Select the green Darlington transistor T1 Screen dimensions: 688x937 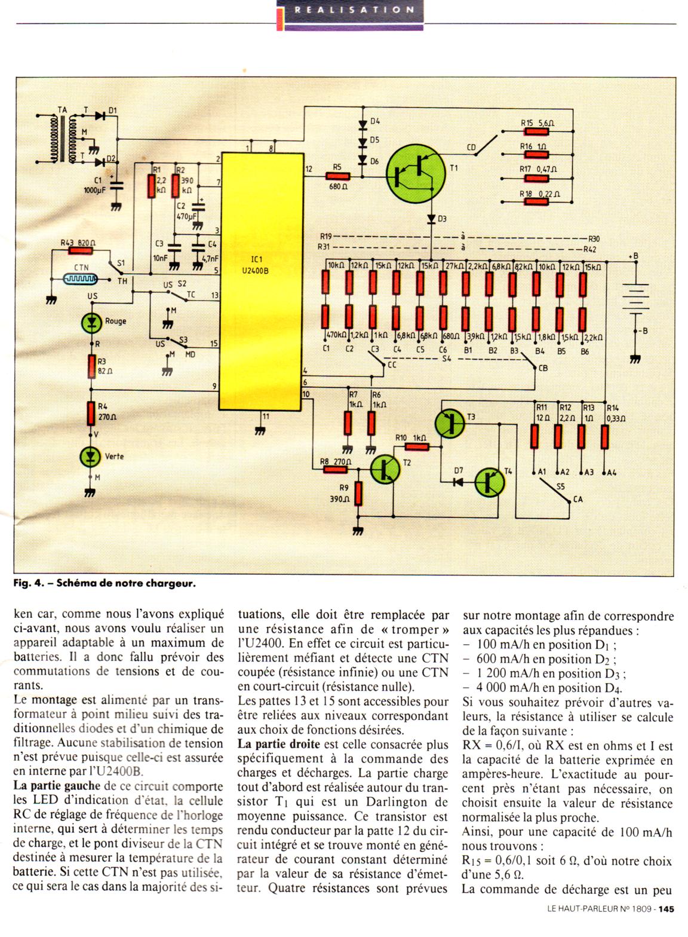coord(416,173)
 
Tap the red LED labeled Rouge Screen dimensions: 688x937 coord(91,322)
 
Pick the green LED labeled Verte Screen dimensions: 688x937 coord(90,457)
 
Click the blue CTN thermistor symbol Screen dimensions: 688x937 coord(81,278)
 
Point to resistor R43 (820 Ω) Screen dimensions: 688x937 coord(80,250)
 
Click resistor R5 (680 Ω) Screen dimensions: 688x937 coord(338,176)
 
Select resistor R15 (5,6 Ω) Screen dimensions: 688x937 coord(536,131)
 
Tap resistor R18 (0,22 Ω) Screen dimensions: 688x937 coord(536,202)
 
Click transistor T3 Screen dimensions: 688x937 coord(450,423)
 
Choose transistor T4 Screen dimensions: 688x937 coord(490,482)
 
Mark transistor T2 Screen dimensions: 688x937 coord(385,469)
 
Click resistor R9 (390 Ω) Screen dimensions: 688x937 coord(358,494)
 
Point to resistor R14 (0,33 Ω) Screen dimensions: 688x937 coord(604,436)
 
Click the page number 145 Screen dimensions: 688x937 coord(666,921)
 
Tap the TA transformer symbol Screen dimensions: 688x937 coord(63,139)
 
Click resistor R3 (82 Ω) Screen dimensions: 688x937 coord(91,367)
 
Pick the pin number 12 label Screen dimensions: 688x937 coord(309,169)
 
